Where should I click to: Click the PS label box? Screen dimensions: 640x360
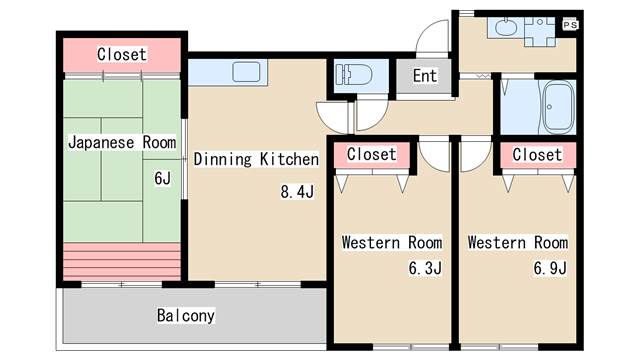pyautogui.click(x=570, y=25)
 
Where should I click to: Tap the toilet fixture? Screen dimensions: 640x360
pyautogui.click(x=353, y=75)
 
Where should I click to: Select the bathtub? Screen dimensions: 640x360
pyautogui.click(x=556, y=107)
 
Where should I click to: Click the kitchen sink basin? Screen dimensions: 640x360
pyautogui.click(x=246, y=72)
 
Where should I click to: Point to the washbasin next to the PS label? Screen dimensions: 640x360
pyautogui.click(x=506, y=28)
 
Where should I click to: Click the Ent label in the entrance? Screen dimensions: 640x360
pyautogui.click(x=424, y=76)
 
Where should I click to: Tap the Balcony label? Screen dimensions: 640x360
pyautogui.click(x=186, y=316)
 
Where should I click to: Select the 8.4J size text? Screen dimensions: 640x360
pyautogui.click(x=297, y=191)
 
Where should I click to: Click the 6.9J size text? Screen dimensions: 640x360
pyautogui.click(x=550, y=268)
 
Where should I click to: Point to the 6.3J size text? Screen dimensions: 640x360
pyautogui.click(x=425, y=268)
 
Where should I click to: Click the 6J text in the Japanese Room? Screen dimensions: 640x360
pyautogui.click(x=162, y=178)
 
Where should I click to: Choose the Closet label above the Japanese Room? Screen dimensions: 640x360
pyautogui.click(x=122, y=54)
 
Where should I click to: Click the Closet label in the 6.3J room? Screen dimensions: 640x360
pyautogui.click(x=371, y=154)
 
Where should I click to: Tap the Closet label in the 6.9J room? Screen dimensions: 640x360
pyautogui.click(x=537, y=155)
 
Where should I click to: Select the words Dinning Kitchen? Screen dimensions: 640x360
pyautogui.click(x=256, y=159)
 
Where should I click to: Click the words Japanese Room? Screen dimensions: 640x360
pyautogui.click(x=122, y=142)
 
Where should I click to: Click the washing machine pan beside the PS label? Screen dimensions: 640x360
pyautogui.click(x=540, y=31)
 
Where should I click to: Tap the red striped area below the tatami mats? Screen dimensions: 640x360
pyautogui.click(x=122, y=262)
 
